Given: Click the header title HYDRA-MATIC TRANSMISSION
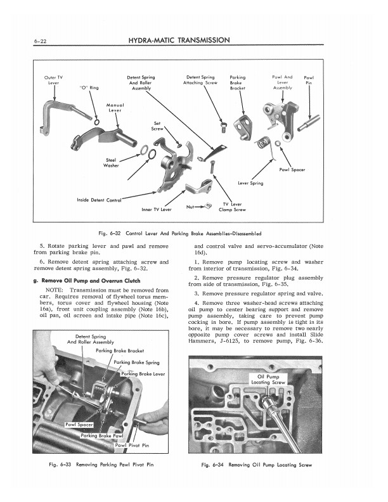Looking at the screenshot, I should [x=178, y=40].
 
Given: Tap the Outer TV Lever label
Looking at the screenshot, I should [x=53, y=80].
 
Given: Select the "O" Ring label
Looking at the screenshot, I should [x=88, y=87].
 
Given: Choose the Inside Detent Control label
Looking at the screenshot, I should [x=99, y=200].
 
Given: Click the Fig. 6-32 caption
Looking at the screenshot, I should [x=194, y=233].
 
